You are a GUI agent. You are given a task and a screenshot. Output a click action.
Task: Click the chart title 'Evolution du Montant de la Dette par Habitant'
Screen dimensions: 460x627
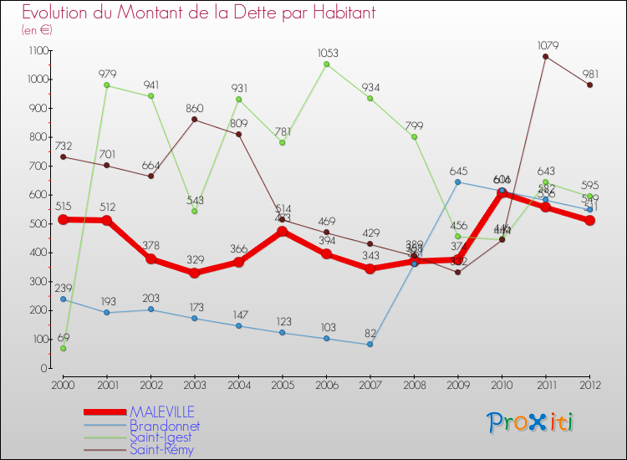coord(199,13)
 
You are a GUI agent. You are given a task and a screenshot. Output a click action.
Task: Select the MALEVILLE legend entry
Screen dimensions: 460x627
coord(162,411)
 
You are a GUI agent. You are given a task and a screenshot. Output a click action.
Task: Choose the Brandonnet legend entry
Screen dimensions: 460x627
coord(165,425)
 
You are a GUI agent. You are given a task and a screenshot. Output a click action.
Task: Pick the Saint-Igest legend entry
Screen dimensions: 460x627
coord(161,437)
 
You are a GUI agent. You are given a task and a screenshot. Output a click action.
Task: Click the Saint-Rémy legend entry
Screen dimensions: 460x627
coord(161,449)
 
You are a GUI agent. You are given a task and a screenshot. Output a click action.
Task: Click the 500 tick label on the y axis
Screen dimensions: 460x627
coord(37,224)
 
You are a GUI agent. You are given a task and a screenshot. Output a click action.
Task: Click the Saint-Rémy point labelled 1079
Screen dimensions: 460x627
coord(545,57)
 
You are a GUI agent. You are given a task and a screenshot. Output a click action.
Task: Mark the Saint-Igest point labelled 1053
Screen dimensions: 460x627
coord(326,64)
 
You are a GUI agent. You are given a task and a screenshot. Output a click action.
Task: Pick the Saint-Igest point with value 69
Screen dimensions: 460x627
coord(63,348)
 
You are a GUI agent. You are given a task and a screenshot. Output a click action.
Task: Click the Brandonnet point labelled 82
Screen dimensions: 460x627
coord(370,344)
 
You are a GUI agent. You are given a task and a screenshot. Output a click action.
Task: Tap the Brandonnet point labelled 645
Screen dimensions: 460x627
coord(457,181)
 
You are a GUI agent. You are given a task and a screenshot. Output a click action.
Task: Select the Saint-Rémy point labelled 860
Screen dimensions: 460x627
coord(194,120)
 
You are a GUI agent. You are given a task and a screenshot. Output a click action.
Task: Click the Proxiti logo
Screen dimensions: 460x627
coord(531,422)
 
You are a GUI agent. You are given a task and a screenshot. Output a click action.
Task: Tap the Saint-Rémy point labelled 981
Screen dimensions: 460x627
coord(589,84)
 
